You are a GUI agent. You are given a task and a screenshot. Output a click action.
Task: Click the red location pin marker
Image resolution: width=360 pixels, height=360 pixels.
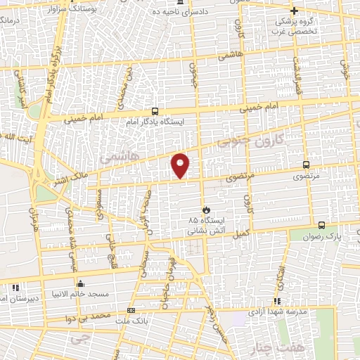point(181,165)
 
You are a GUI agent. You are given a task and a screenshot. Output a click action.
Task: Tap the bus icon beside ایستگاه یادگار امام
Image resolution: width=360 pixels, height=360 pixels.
point(155,111)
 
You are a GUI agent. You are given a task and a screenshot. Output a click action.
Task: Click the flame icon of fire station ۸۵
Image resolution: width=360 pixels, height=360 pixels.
point(206,210)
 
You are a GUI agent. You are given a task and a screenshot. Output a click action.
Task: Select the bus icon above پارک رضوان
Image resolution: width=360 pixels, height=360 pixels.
point(321,225)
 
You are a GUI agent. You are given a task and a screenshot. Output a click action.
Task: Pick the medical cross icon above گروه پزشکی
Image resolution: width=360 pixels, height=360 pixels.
point(295,11)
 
